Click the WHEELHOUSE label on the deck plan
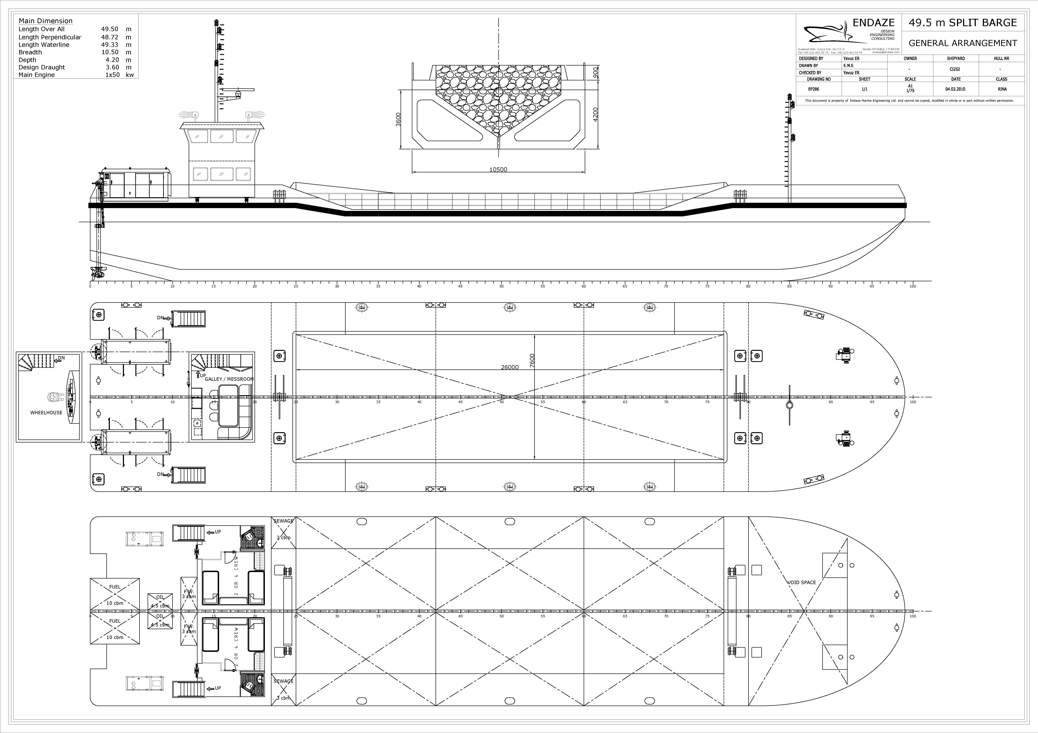(x=46, y=413)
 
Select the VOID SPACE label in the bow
(x=801, y=583)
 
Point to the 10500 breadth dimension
(x=498, y=170)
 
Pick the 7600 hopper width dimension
(x=532, y=361)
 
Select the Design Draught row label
(x=42, y=67)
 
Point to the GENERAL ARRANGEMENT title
(x=962, y=43)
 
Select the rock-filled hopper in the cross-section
(x=498, y=97)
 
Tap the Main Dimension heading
(x=45, y=21)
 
